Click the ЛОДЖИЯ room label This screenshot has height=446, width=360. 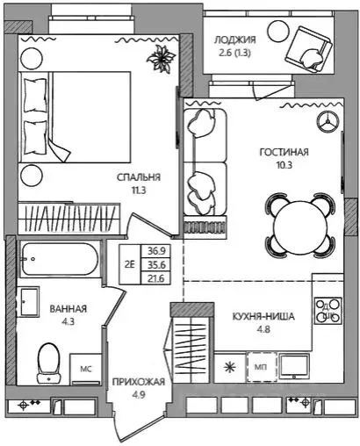point(235,40)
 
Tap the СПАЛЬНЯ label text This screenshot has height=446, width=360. point(139,177)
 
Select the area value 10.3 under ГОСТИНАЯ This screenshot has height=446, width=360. point(284,165)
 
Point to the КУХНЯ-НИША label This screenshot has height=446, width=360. point(263,317)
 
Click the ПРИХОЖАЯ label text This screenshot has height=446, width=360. point(139,382)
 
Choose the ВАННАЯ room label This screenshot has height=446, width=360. point(68,309)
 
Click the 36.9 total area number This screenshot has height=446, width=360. point(156,251)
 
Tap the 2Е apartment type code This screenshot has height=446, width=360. point(130,264)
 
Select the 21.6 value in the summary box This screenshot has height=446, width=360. point(156,278)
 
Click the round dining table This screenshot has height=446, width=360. point(300,225)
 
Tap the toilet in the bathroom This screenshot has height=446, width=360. point(48,363)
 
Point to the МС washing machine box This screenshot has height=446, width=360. point(86,370)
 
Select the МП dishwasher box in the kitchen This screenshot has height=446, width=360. point(262,367)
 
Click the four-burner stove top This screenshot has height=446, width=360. point(328,311)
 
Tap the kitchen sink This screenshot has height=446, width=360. point(294,366)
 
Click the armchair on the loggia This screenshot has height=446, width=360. point(309,49)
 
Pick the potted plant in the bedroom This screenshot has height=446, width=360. point(161,57)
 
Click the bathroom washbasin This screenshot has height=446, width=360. point(30,301)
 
